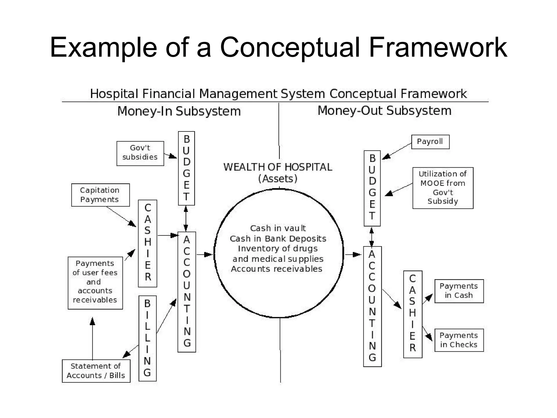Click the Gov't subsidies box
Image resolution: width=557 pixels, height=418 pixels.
pos(140,153)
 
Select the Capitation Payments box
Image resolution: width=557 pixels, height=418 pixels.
pos(100,195)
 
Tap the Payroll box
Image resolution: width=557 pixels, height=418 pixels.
pos(430,142)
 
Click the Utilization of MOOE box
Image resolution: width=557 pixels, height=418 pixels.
pos(442,188)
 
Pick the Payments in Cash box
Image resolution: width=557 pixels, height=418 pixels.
pos(459,291)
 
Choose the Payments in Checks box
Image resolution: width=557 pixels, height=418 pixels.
pos(459,340)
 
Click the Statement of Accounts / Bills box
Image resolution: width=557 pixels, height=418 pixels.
pos(96,371)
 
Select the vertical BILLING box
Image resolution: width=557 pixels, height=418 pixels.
pos(147,338)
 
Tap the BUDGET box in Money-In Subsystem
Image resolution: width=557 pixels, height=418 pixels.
pos(186,168)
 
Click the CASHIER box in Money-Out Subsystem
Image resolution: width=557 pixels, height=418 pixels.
pos(413,314)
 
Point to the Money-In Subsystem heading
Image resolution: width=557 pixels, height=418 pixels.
pos(179,111)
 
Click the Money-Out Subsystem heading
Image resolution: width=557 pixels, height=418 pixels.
pos(384,111)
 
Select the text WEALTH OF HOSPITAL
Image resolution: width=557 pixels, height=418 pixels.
pos(278,167)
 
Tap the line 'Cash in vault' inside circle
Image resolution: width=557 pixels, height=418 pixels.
pos(278,228)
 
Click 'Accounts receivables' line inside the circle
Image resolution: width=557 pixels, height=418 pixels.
pos(277,269)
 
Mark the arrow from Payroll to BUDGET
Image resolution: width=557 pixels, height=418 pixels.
pos(397,151)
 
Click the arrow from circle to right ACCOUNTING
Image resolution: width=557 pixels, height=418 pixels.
pos(353,255)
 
